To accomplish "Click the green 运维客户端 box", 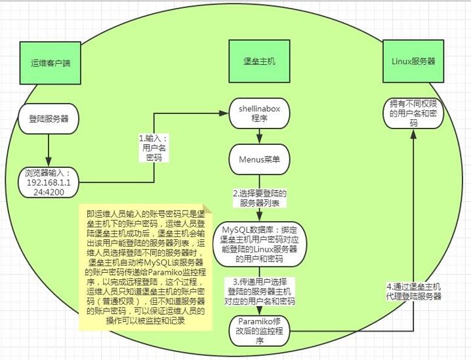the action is (50, 63).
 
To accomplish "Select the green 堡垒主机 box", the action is (259, 61).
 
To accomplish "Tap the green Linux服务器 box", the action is (413, 61).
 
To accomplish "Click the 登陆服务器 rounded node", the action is (49, 119).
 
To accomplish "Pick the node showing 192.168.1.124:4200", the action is (49, 182).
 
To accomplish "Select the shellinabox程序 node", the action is (259, 113).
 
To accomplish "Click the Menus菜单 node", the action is (259, 159).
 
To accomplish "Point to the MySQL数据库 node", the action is (259, 244).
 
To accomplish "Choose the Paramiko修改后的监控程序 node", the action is (259, 331).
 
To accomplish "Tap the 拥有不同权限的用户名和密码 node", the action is (413, 113).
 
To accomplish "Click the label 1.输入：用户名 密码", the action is (154, 148).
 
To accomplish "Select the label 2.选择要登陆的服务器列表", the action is (260, 198).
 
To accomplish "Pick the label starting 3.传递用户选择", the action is (260, 292).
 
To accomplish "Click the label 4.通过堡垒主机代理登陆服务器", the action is (414, 291).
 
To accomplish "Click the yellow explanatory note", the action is (146, 268).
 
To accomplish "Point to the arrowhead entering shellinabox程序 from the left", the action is (224, 113).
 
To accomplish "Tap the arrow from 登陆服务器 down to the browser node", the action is (49, 150).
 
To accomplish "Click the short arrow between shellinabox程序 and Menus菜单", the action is (259, 136).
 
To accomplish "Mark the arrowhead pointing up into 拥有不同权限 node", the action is (413, 134).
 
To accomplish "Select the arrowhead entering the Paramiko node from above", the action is (259, 310).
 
